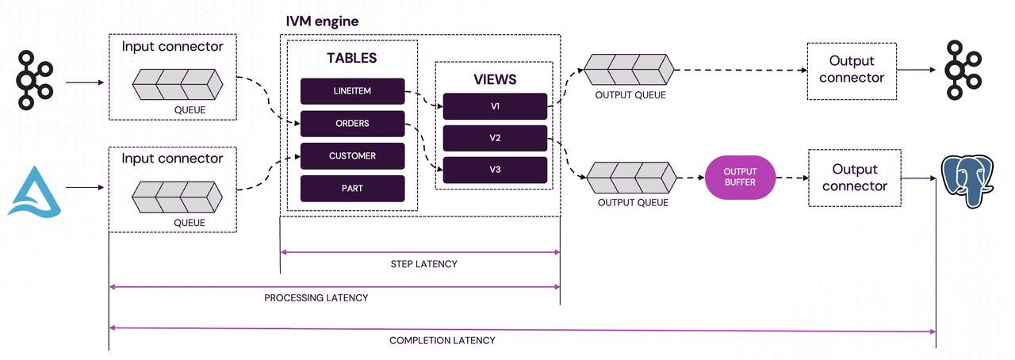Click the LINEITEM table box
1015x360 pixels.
[x=352, y=91]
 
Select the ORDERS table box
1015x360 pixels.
[x=352, y=124]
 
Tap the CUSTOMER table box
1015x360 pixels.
[x=352, y=156]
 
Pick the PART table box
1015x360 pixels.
[x=352, y=188]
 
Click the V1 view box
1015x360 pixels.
[x=495, y=106]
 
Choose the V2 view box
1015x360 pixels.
[x=495, y=138]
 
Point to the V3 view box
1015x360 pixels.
[x=495, y=170]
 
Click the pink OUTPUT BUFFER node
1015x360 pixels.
[x=740, y=178]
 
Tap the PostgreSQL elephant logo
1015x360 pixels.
[x=967, y=181]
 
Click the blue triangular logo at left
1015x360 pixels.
[x=35, y=192]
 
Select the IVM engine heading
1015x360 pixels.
[x=322, y=21]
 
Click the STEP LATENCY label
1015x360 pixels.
[x=423, y=264]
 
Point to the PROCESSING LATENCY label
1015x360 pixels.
[x=316, y=298]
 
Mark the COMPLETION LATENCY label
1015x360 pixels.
[x=442, y=340]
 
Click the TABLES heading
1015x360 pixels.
[x=351, y=58]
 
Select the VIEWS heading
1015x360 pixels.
[x=495, y=79]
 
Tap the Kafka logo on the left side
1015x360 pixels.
[x=35, y=80]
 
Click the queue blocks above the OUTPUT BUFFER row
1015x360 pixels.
[x=629, y=70]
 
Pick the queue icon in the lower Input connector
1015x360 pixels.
[x=177, y=197]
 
